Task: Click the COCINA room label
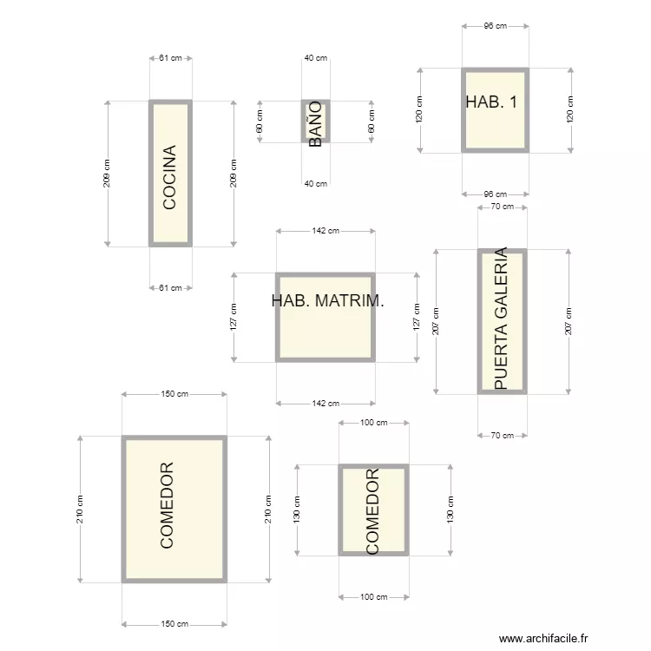169,177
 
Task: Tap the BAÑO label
316,124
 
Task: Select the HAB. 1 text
491,102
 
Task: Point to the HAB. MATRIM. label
327,301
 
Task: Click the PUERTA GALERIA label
502,319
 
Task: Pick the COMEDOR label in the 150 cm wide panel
167,505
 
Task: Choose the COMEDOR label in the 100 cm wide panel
372,511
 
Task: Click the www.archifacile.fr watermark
543,638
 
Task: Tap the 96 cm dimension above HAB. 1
496,26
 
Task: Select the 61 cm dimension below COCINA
171,287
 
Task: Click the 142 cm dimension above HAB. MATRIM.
325,231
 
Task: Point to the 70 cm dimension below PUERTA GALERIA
503,436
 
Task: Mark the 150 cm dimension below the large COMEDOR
174,623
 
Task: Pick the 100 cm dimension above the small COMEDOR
373,423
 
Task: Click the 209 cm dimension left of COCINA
107,174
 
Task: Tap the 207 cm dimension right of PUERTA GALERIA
569,321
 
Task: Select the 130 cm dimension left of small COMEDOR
297,510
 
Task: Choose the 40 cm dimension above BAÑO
316,58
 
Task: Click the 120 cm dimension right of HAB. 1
570,109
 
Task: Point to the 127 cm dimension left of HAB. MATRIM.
233,317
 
